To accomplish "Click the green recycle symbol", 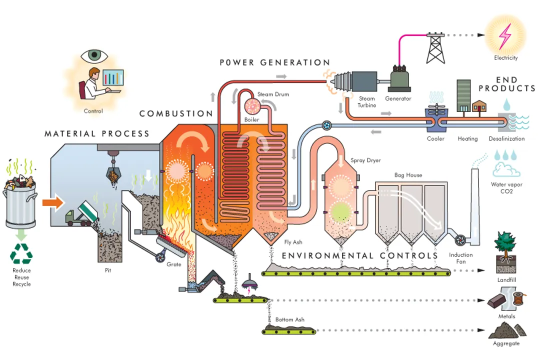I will coord(21,253).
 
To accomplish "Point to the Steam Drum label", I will coord(273,94).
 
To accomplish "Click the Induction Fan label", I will coord(460,258).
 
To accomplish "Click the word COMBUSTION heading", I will coord(176,113).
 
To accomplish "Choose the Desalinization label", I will coord(506,138).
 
